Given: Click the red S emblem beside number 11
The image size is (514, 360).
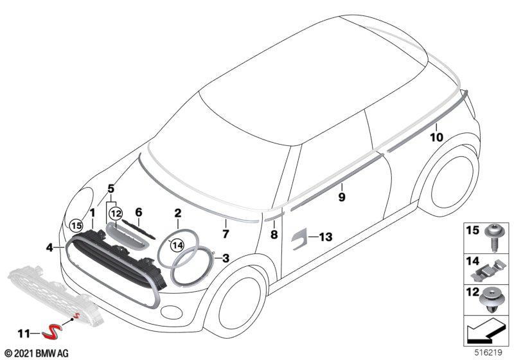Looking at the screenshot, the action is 50,332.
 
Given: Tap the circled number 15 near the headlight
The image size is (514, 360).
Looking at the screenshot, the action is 76,226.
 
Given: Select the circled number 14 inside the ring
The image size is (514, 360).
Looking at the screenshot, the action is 177,244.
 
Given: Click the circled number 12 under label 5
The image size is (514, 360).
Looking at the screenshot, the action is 116,214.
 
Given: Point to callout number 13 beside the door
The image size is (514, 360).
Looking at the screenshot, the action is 325,237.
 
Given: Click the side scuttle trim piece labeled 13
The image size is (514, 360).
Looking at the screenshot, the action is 298,238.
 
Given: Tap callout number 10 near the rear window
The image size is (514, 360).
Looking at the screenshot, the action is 436,137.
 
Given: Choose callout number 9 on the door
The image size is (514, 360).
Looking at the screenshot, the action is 342,197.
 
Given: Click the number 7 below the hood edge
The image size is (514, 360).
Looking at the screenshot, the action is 226,234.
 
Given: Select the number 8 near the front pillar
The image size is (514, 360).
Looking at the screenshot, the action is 274,234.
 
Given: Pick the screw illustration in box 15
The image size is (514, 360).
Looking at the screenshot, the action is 493,237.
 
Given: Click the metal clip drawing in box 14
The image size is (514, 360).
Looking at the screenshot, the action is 487,270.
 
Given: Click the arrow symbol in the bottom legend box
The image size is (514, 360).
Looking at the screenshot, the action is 486,330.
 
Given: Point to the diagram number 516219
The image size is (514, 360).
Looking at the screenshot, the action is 488,353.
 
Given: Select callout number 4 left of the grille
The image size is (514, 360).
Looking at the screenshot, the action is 49,248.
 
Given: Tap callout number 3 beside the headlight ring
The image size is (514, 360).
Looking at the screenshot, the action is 226,258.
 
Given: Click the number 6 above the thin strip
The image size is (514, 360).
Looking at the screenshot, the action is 139,212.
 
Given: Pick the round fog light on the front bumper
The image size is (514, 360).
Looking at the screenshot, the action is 172,312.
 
